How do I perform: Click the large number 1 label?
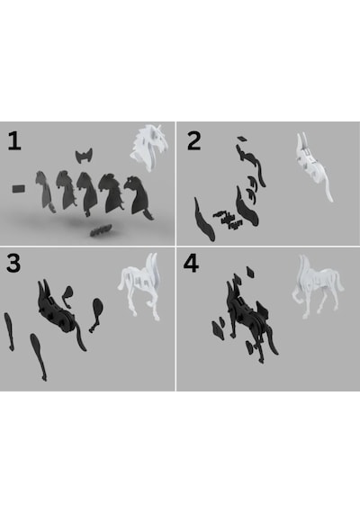click(x=14, y=141)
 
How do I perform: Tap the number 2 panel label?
click(x=193, y=141)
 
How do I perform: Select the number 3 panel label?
click(x=13, y=263)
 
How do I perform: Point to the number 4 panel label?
click(x=191, y=264)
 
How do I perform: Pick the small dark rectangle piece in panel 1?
click(x=19, y=189)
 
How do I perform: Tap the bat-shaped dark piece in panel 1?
click(x=84, y=156)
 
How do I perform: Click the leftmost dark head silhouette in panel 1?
click(x=44, y=191)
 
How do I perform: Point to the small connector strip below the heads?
click(x=101, y=230)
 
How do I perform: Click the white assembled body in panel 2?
click(x=313, y=166)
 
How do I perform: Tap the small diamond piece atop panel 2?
click(x=242, y=139)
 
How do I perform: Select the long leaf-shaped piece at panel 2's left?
click(x=204, y=220)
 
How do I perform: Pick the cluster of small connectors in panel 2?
click(x=228, y=219)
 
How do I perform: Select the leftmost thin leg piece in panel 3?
click(x=9, y=331)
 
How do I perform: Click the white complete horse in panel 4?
click(x=317, y=285)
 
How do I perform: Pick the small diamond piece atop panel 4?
click(x=251, y=272)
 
